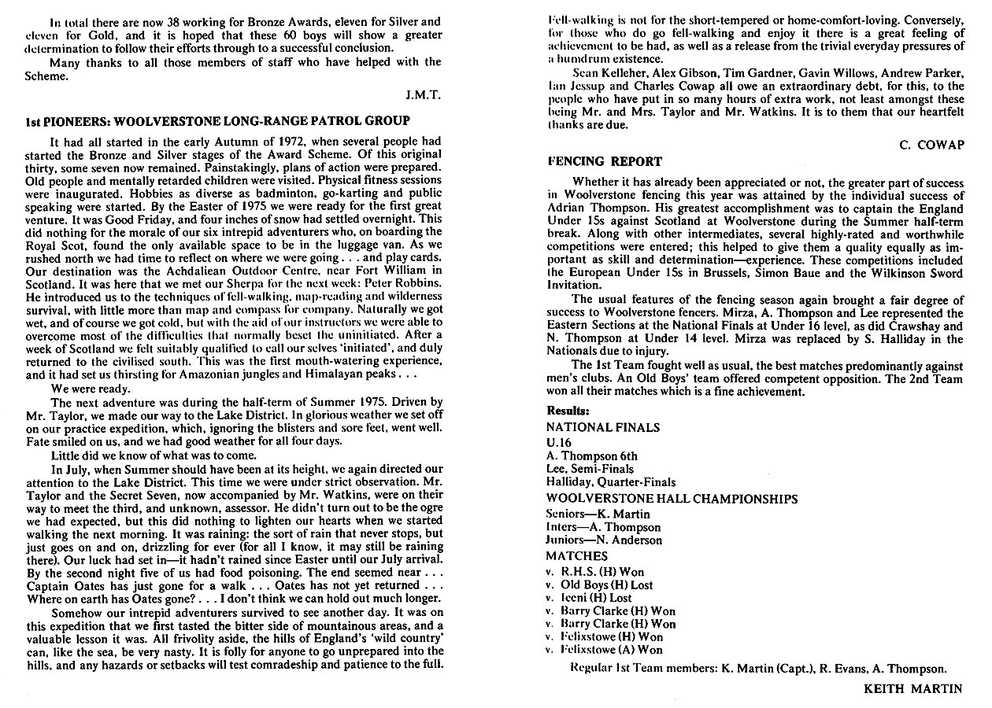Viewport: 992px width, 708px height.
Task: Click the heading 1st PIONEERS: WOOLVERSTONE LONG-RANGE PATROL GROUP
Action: (217, 121)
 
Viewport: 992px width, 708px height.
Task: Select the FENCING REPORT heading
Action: (605, 161)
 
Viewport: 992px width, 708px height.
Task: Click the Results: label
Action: (568, 411)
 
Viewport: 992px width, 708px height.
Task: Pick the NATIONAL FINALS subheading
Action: (603, 428)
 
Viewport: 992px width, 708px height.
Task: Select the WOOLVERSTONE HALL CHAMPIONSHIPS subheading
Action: (672, 499)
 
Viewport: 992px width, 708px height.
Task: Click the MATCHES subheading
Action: (576, 556)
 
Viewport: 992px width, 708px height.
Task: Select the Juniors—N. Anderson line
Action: (604, 540)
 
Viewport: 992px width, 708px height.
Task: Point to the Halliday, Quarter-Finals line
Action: (610, 482)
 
